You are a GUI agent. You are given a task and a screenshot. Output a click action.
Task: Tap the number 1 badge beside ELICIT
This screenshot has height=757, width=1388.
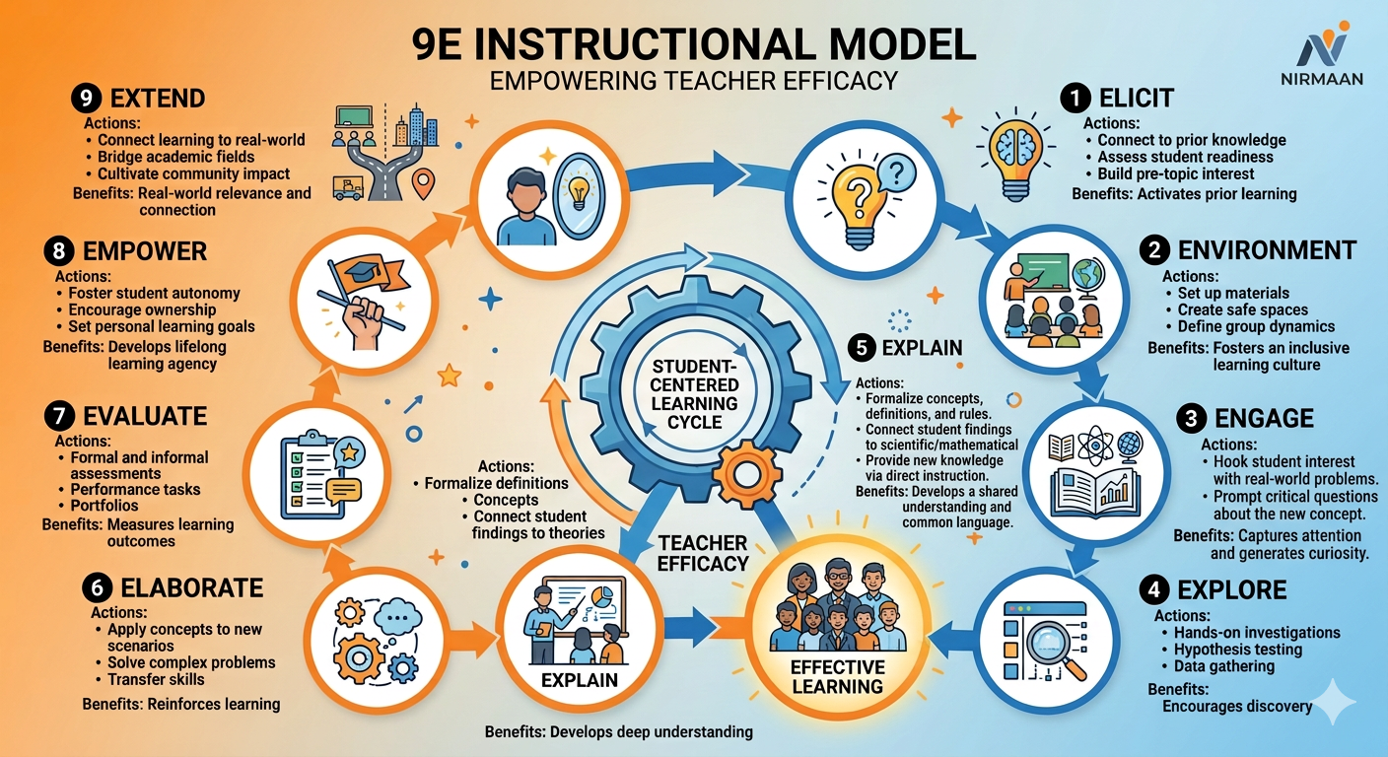1076,98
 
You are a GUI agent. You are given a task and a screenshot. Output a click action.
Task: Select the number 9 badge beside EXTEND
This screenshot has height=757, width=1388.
86,98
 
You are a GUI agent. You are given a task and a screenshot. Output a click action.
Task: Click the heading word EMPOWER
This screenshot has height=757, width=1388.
144,251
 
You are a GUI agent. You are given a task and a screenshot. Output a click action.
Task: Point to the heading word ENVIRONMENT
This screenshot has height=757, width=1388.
1267,250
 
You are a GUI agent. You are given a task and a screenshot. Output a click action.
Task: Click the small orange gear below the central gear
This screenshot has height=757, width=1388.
746,474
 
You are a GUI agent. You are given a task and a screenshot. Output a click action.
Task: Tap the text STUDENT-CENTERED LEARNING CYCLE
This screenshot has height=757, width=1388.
694,394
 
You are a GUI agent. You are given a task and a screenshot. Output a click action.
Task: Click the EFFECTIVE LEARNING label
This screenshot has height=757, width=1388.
838,677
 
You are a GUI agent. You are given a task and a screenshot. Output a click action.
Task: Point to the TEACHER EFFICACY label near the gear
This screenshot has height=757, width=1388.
703,553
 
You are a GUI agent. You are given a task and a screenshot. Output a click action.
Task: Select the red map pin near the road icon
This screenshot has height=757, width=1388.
423,183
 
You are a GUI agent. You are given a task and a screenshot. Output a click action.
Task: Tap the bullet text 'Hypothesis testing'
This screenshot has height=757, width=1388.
1238,650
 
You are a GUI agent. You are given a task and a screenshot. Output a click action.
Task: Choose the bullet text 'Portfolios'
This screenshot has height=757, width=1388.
104,505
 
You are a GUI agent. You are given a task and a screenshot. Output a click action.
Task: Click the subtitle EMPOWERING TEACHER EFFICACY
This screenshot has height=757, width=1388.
693,81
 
